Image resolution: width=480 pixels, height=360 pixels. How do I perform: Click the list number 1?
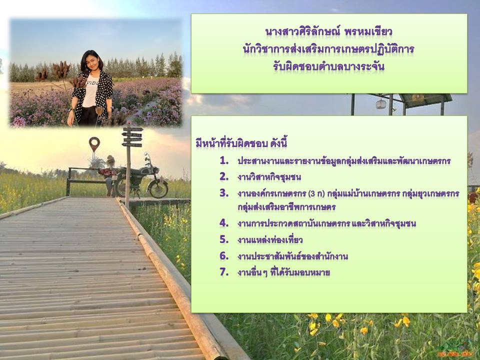click(224, 160)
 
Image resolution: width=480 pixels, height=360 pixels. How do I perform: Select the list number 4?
click(224, 223)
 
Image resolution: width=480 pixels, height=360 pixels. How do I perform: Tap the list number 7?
click(224, 272)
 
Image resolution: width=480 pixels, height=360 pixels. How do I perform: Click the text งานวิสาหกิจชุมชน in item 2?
click(269, 177)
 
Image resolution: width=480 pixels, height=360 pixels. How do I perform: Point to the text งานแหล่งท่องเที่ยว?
click(270, 239)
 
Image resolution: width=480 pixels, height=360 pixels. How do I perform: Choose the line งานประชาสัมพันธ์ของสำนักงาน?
click(292, 256)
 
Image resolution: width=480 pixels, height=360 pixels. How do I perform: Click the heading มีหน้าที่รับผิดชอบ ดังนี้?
click(241, 143)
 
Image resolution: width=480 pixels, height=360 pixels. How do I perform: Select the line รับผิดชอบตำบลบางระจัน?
click(329, 66)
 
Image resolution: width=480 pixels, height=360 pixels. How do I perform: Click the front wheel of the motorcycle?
click(158, 188)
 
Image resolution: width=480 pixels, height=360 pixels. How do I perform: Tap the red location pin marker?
click(94, 143)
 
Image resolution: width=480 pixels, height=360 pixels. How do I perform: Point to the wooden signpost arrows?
click(132, 136)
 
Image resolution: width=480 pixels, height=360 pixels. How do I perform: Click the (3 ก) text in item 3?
click(316, 194)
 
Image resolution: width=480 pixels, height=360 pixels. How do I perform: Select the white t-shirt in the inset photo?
click(90, 92)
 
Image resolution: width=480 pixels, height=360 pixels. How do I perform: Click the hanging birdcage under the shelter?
click(380, 104)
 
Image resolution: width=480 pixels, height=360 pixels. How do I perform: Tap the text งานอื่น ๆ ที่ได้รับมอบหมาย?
click(283, 272)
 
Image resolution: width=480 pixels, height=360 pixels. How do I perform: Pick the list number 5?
click(224, 239)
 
